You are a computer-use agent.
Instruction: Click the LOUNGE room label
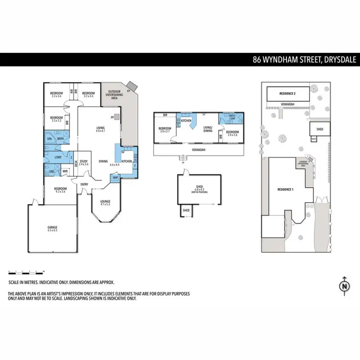point(105,201)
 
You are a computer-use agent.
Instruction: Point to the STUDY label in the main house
point(83,161)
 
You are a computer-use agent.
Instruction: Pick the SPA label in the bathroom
point(49,139)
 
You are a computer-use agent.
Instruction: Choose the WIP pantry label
point(115,177)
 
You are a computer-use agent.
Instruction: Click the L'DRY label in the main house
point(58,157)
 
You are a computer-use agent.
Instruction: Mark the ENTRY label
point(84,184)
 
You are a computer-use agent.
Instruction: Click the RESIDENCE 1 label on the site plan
point(285,190)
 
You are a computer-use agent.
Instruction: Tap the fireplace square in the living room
point(117,117)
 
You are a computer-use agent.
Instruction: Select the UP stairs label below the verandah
point(182,162)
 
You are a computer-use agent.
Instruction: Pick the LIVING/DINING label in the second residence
point(208,129)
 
